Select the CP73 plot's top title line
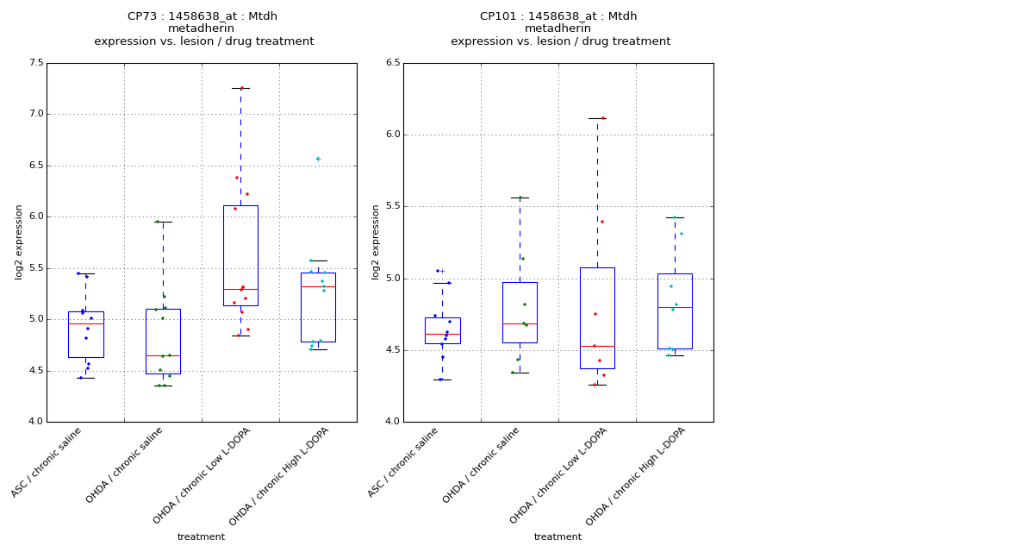[x=202, y=16]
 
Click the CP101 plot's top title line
[x=558, y=16]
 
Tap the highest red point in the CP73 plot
[x=241, y=88]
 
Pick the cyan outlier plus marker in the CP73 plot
[x=318, y=159]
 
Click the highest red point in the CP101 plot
[x=602, y=118]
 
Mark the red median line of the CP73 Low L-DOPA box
[x=240, y=289]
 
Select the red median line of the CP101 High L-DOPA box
[x=675, y=307]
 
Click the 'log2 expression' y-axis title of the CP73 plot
[x=19, y=242]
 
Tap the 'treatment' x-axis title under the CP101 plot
[x=557, y=537]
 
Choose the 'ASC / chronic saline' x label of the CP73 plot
[x=48, y=461]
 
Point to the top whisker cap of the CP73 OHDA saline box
[x=163, y=222]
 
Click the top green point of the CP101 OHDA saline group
[x=520, y=198]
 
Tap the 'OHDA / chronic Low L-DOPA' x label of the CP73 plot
[x=202, y=475]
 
